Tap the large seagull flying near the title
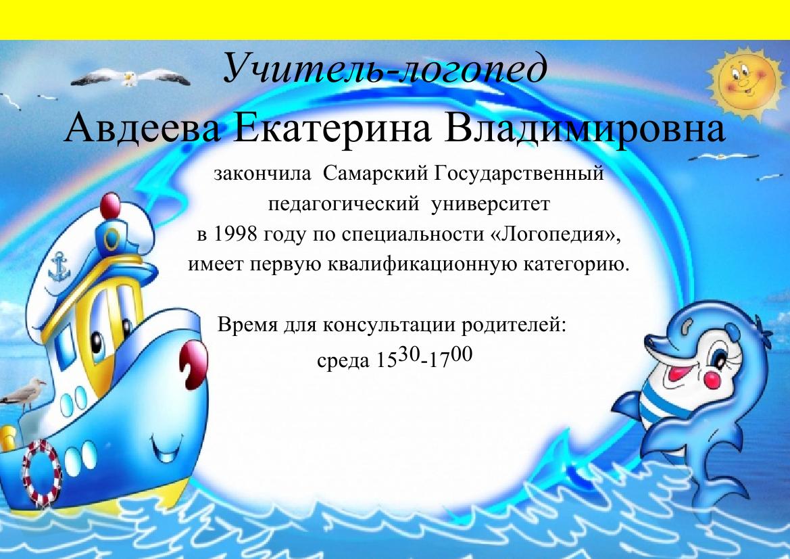[x=130, y=78]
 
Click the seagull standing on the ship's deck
[x=23, y=393]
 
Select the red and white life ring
[x=42, y=472]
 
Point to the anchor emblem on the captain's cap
[x=59, y=267]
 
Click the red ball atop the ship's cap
[x=110, y=205]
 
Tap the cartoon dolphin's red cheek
[x=711, y=379]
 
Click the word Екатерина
[x=332, y=128]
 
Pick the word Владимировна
[x=585, y=128]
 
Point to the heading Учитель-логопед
[x=385, y=68]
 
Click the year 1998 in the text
[x=235, y=233]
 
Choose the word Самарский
[x=375, y=174]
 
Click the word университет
[x=490, y=204]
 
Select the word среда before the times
[x=343, y=360]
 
